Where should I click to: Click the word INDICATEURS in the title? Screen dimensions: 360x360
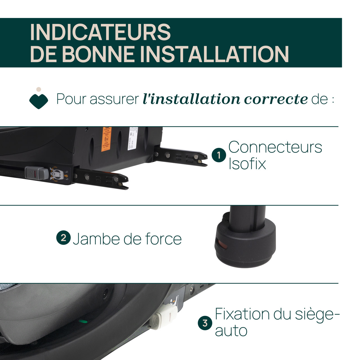100,32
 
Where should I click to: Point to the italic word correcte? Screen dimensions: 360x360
276,99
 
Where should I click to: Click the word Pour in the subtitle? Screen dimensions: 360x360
70,99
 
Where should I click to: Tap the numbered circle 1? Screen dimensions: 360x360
219,155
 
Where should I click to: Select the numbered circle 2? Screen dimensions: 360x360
63,238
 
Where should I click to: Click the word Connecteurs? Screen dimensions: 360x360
275,147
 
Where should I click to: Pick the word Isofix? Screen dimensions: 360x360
247,163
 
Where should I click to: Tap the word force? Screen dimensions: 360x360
163,239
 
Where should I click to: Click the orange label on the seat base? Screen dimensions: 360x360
106,139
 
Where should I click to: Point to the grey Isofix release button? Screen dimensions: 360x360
37,173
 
